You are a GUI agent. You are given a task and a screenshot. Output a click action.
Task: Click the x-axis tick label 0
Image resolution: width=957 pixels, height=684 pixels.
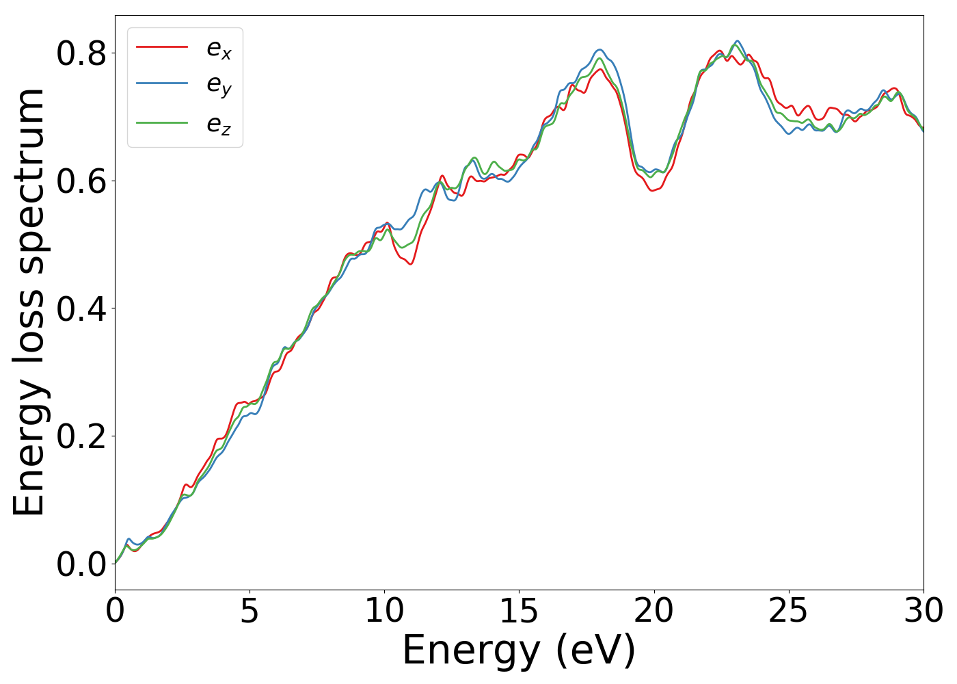115,611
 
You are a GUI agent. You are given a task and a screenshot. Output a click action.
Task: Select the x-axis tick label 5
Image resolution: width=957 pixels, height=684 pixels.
250,611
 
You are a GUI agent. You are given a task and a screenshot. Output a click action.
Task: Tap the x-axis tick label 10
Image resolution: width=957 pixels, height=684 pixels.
384,611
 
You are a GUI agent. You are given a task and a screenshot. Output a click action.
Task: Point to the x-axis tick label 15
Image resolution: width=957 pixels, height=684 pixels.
519,611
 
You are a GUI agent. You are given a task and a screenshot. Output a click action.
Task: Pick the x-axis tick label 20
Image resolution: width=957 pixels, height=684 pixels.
653,611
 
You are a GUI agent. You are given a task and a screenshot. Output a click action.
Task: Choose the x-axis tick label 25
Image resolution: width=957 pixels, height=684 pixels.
788,611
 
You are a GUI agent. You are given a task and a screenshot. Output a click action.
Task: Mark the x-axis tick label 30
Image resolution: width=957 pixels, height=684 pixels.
924,611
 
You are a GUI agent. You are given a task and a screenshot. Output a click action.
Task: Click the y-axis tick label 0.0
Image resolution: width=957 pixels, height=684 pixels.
81,565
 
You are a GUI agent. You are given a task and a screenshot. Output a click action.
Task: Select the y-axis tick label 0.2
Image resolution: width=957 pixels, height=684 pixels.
81,437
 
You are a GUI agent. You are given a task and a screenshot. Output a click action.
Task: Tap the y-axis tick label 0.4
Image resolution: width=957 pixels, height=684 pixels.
81,309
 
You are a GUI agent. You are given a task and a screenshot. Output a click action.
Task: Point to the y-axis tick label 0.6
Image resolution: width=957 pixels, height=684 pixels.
81,181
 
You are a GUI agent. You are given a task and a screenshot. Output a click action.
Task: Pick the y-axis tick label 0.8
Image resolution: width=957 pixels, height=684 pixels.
81,53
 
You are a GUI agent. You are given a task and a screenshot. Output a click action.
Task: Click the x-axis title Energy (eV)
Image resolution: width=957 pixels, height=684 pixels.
519,650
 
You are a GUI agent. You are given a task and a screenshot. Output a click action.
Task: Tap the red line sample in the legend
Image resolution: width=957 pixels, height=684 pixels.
162,47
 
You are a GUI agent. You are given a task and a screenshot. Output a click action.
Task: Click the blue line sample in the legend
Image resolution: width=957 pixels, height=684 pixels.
162,84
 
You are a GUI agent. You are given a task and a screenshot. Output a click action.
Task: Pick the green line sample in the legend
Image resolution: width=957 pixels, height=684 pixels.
162,123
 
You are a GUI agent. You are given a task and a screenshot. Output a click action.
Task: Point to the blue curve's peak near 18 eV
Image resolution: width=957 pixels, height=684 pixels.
599,49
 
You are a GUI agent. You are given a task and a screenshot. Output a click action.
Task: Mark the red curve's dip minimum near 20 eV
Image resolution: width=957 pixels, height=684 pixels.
653,190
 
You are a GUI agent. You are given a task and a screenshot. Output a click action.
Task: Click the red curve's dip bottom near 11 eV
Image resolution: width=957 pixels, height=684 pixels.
410,264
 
